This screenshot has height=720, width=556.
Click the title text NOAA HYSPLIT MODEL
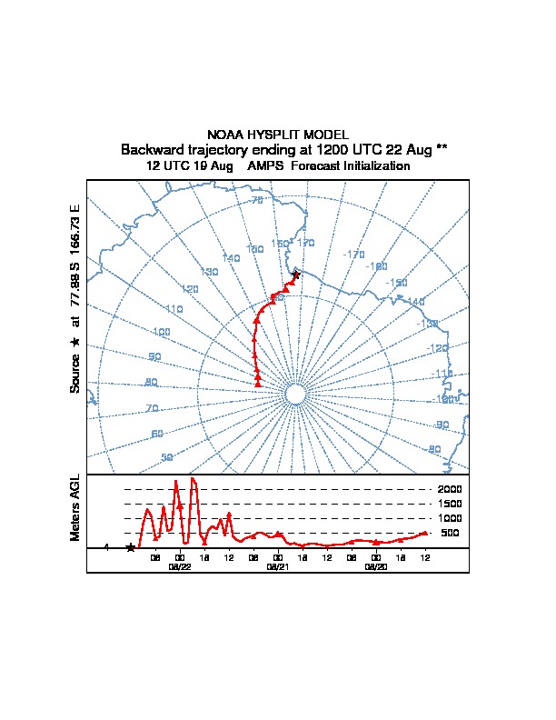[x=278, y=135]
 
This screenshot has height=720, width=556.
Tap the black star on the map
[x=296, y=275]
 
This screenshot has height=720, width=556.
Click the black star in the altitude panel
[x=131, y=547]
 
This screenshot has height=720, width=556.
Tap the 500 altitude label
[x=451, y=533]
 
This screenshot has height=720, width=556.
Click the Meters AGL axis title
[x=76, y=507]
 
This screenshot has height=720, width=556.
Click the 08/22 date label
[x=180, y=566]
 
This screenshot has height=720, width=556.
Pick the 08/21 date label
[x=277, y=566]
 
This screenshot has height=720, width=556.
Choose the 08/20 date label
[x=375, y=566]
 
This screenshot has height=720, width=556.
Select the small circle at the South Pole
[x=294, y=394]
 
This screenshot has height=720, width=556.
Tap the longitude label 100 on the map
[x=162, y=333]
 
